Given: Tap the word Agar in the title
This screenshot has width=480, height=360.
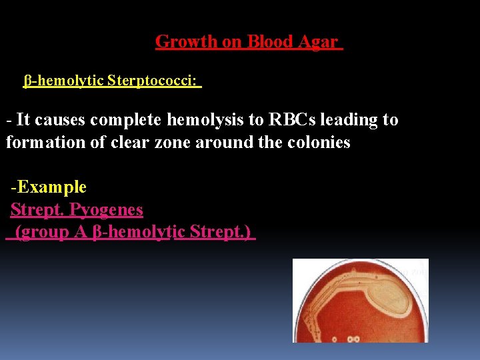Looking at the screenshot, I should pos(317,41).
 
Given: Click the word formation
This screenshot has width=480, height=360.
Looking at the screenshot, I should pos(39,142).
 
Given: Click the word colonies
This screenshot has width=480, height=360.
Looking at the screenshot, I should pos(316,142).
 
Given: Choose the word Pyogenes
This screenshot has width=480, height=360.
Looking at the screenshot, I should pos(107,210).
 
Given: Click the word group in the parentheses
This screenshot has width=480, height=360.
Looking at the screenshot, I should pos(45,233).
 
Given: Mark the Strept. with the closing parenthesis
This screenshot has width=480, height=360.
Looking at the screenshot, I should pos(220,233).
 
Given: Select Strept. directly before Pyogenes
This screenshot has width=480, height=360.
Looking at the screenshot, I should pos(37,210).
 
